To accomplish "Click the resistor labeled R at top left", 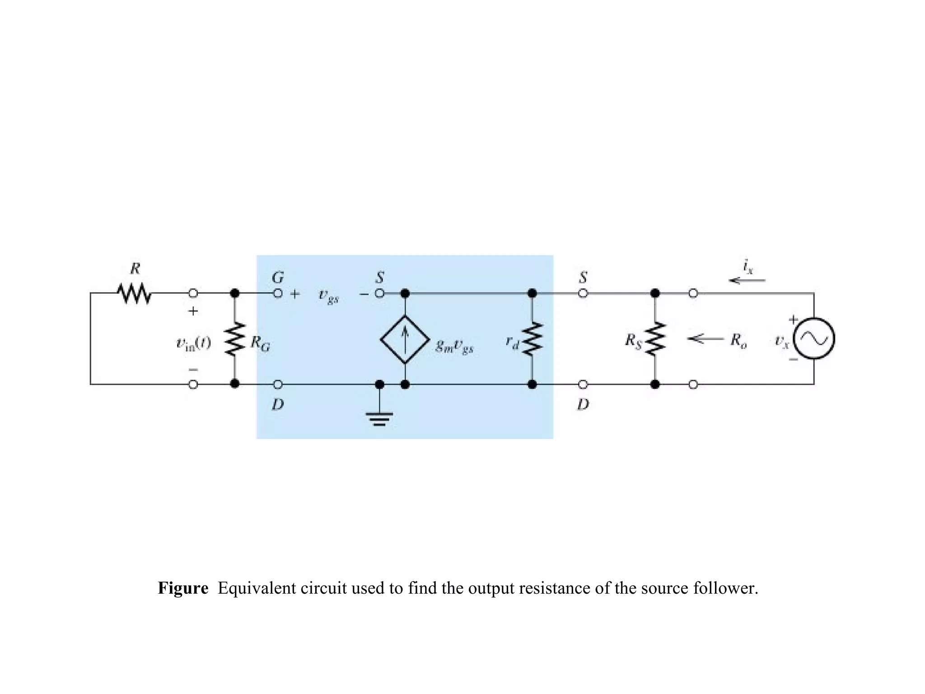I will pos(134,294).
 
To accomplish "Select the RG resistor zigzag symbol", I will pos(234,339).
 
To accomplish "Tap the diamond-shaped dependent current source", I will pos(405,339).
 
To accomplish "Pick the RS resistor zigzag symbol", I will pos(655,339).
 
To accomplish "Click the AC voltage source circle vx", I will pos(814,339).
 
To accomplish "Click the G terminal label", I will pos(277,277).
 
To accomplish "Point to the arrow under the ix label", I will pos(747,281).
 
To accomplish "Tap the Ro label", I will pos(738,341).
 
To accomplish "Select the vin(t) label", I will pos(193,344).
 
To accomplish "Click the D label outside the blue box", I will pos(583,404).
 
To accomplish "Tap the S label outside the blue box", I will pos(583,277).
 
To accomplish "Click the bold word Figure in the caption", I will pos(183,588).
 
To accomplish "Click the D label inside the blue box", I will pos(278,404).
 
